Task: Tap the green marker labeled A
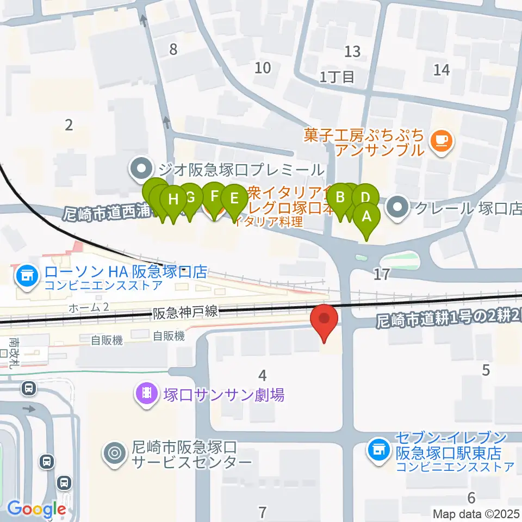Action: pos(366,217)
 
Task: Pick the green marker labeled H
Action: pos(173,200)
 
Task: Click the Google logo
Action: pos(36,509)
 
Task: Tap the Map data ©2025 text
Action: pos(476,513)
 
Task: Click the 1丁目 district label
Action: pos(337,77)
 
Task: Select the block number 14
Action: pos(442,70)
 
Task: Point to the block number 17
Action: pos(382,274)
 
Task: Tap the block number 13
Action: pos(352,52)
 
